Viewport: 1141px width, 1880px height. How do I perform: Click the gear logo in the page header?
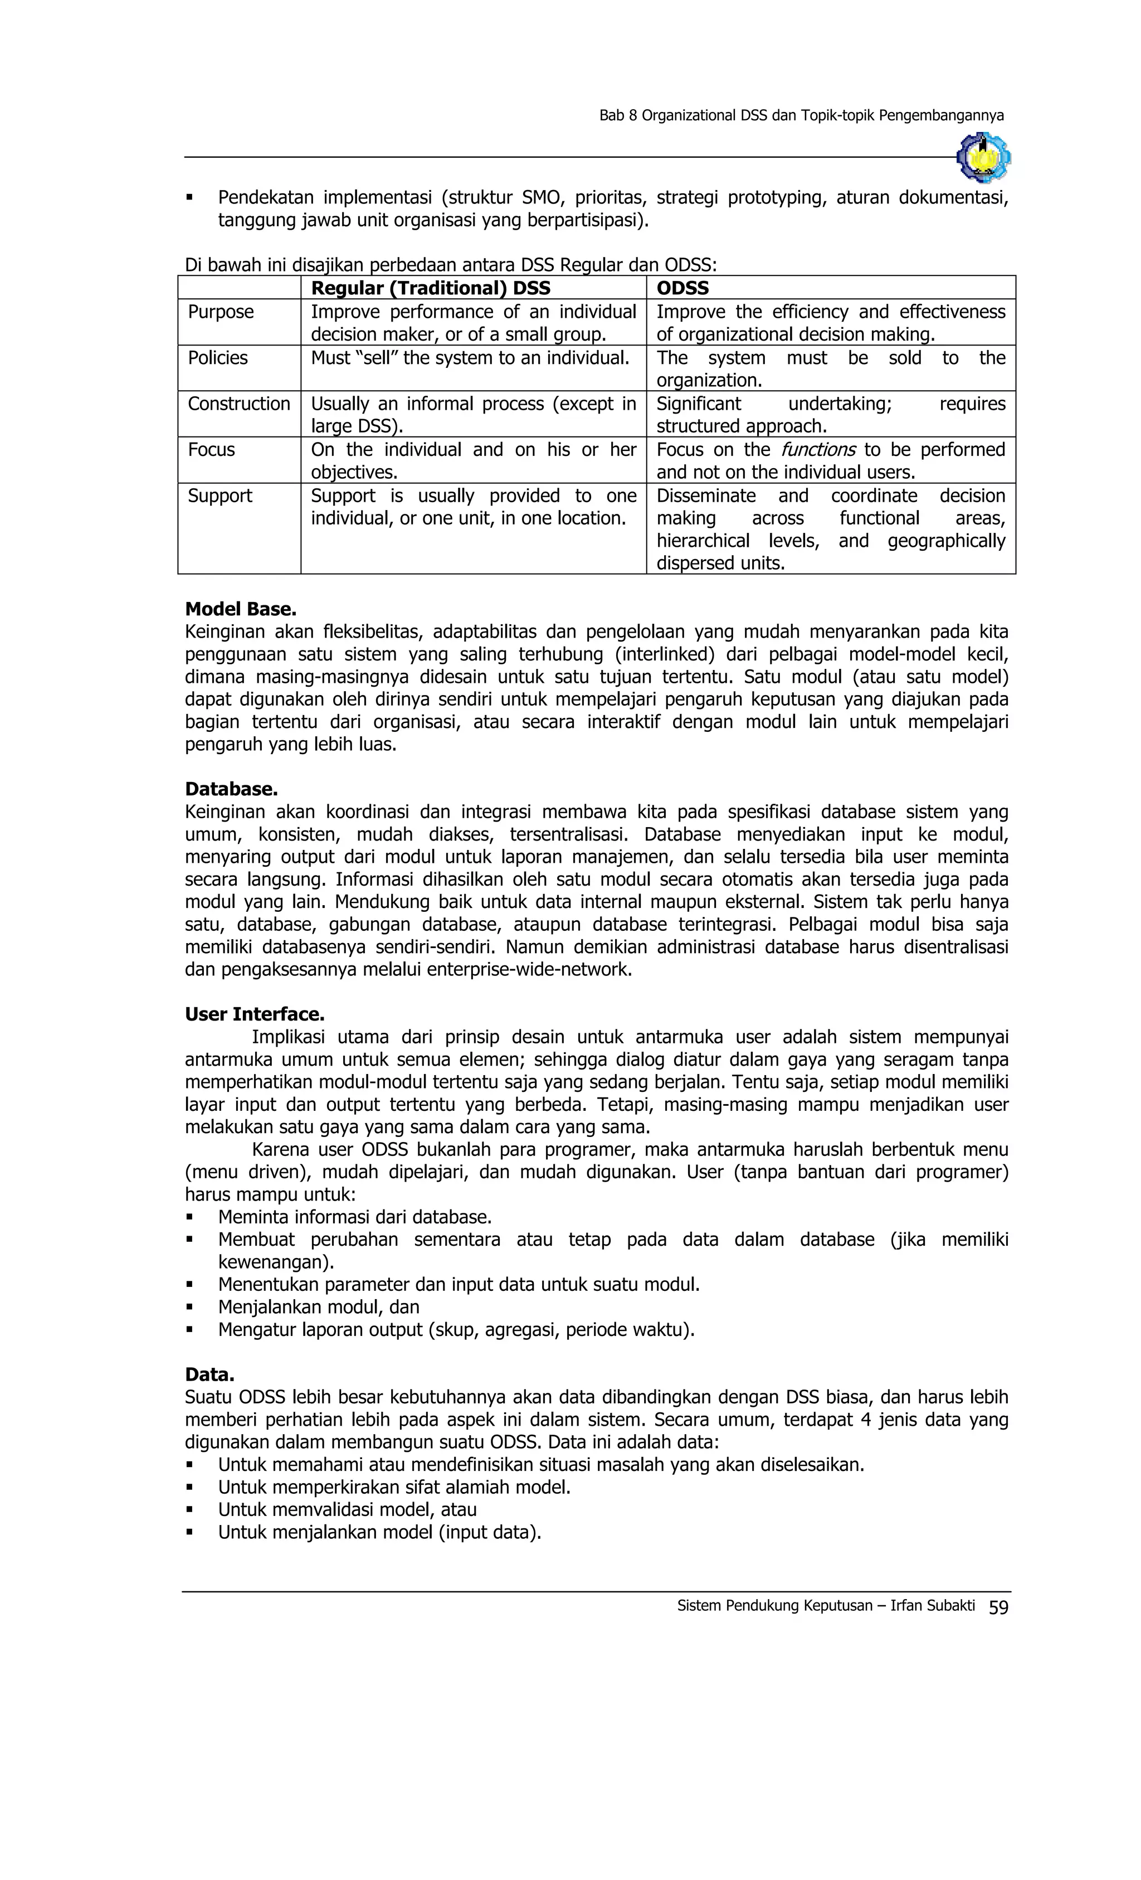click(983, 158)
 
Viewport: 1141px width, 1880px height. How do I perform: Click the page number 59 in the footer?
click(998, 1607)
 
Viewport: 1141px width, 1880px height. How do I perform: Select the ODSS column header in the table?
click(682, 288)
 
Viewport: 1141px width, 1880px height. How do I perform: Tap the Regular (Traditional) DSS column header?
click(430, 288)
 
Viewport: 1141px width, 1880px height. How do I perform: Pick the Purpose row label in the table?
click(221, 312)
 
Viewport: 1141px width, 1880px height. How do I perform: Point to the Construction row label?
click(238, 404)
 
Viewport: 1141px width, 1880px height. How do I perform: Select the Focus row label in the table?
click(211, 449)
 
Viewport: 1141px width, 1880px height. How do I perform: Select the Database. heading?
click(231, 789)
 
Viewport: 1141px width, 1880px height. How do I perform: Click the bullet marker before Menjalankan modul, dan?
click(189, 1308)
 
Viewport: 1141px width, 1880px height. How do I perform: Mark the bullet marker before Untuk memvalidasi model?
click(189, 1510)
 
